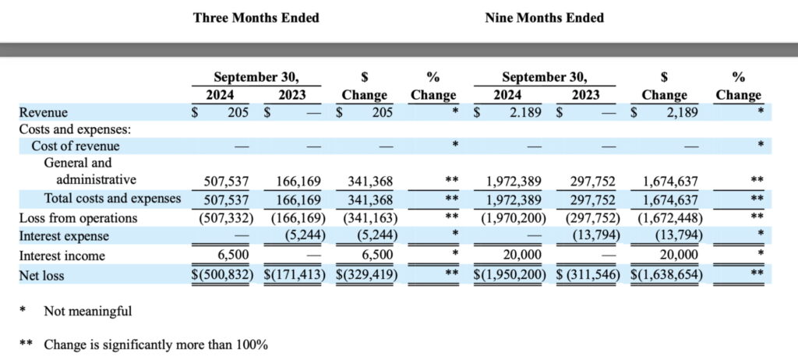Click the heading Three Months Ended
click(256, 17)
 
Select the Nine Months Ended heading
click(544, 17)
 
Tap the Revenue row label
click(43, 113)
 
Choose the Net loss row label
click(42, 275)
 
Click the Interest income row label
click(62, 256)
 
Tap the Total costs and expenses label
click(112, 199)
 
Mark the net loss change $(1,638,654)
click(665, 275)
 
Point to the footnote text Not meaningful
click(87, 312)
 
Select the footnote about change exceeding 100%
click(156, 344)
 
